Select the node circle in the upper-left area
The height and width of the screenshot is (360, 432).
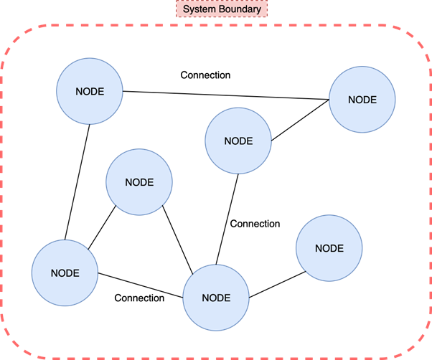click(90, 92)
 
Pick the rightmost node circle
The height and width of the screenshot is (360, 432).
click(362, 100)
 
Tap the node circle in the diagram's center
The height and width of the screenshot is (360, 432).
click(238, 141)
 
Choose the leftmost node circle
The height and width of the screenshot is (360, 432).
click(65, 273)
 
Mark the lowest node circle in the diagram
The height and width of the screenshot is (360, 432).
click(216, 298)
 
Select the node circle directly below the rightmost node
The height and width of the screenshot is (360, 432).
click(329, 248)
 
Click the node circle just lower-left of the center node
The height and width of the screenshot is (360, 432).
click(139, 182)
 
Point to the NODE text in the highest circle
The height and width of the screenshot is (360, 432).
click(90, 92)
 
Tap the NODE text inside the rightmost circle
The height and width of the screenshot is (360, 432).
click(362, 100)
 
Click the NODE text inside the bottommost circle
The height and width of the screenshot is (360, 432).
click(216, 298)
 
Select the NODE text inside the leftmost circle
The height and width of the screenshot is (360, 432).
click(65, 273)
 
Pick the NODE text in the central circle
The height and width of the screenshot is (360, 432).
click(238, 141)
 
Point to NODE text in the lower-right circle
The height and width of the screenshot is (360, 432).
click(329, 248)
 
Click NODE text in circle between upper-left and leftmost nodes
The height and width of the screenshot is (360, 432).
click(139, 182)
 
